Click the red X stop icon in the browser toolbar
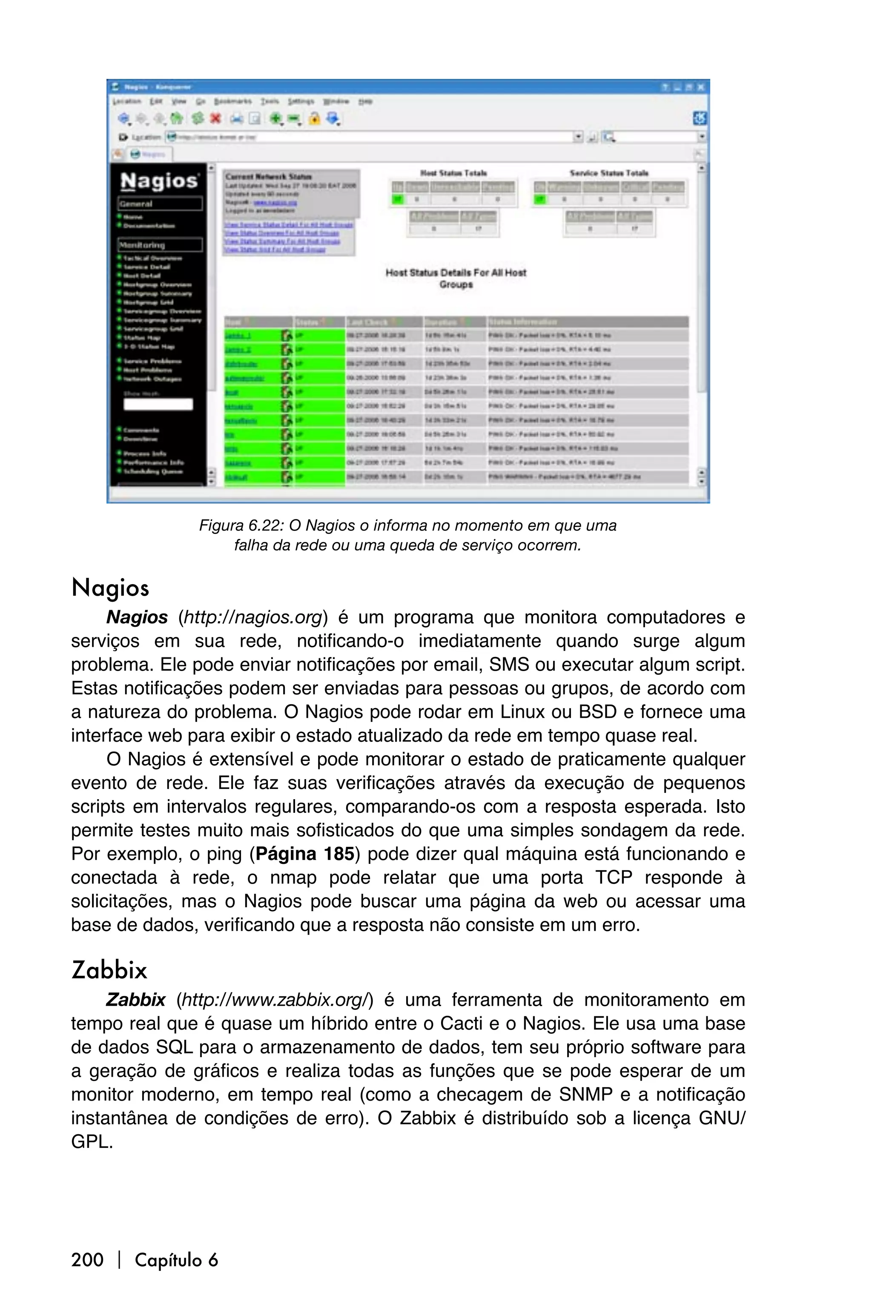(215, 118)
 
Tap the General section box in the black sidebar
(160, 204)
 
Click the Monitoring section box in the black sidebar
(160, 245)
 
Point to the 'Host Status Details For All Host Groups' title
(456, 278)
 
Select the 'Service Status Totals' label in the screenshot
(608, 173)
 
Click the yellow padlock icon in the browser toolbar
(314, 118)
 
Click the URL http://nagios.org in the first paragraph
(253, 617)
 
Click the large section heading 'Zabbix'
(109, 970)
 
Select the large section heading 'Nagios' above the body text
(110, 588)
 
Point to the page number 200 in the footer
(87, 1259)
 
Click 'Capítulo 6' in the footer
(176, 1259)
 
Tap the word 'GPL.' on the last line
(92, 1142)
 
